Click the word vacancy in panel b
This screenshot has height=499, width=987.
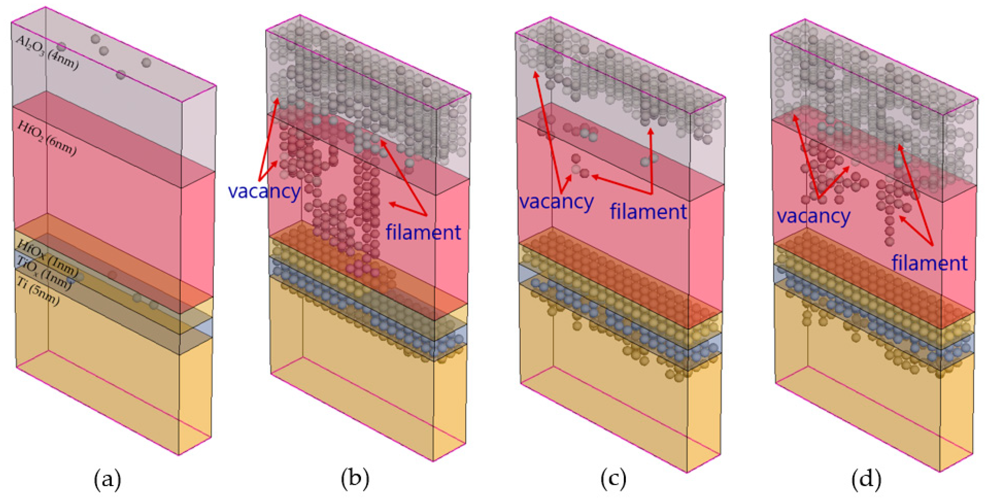264,191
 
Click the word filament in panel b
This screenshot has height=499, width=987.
423,232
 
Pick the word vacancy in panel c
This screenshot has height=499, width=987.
556,201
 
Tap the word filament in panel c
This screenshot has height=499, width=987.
648,211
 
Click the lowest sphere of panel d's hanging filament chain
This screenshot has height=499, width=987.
889,242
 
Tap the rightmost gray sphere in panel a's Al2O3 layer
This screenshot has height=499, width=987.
146,62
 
